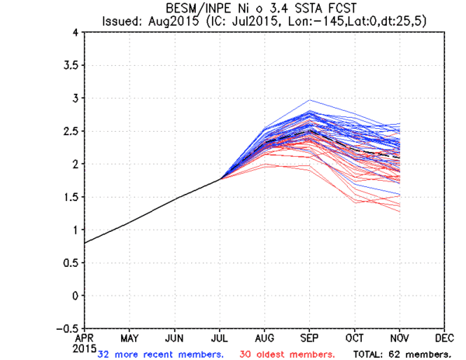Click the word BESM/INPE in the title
pyautogui.click(x=193, y=9)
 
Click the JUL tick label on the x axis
pyautogui.click(x=219, y=337)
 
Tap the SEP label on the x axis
pyautogui.click(x=310, y=337)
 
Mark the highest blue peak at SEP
pyautogui.click(x=310, y=100)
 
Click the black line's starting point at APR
pyautogui.click(x=85, y=243)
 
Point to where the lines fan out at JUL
pyautogui.click(x=220, y=178)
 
